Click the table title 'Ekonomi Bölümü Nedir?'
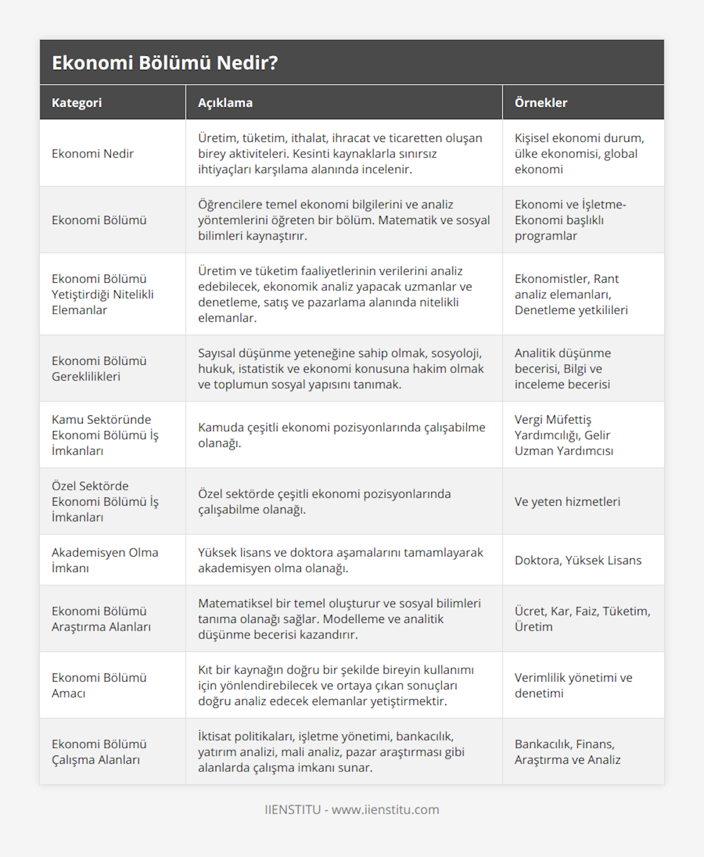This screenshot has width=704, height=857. pos(165,63)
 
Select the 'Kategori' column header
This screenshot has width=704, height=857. pos(77,103)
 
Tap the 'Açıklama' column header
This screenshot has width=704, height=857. pos(225,103)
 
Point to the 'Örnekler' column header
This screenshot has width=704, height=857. pos(541,103)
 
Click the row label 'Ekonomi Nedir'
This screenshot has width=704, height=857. pos(93,154)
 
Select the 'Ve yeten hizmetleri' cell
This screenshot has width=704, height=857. pos(567,502)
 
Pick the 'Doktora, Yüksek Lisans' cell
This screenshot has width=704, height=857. pos(578,560)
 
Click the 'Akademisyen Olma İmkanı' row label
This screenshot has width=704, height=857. pos(105,560)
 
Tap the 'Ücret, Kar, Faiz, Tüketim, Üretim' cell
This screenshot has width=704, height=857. pos(582,619)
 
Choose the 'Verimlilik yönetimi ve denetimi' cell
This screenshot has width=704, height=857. pos(573,685)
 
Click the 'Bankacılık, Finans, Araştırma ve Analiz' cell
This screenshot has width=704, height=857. pos(567,751)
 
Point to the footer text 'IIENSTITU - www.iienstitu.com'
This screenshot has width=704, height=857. pos(352,809)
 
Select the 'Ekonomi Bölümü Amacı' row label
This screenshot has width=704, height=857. pos(99,685)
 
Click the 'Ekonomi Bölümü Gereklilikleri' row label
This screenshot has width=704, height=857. pos(99,368)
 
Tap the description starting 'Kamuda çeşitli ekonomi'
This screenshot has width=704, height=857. pos(341,435)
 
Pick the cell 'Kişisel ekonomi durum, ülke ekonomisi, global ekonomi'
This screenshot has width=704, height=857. pos(579,154)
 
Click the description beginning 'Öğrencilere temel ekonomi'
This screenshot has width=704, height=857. pos(344,220)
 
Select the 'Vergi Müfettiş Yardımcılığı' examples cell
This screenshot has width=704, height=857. pos(564,435)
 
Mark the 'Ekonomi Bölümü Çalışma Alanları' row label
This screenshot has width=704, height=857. pos(99,751)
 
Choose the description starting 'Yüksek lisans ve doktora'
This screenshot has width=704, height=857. pos(340,560)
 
